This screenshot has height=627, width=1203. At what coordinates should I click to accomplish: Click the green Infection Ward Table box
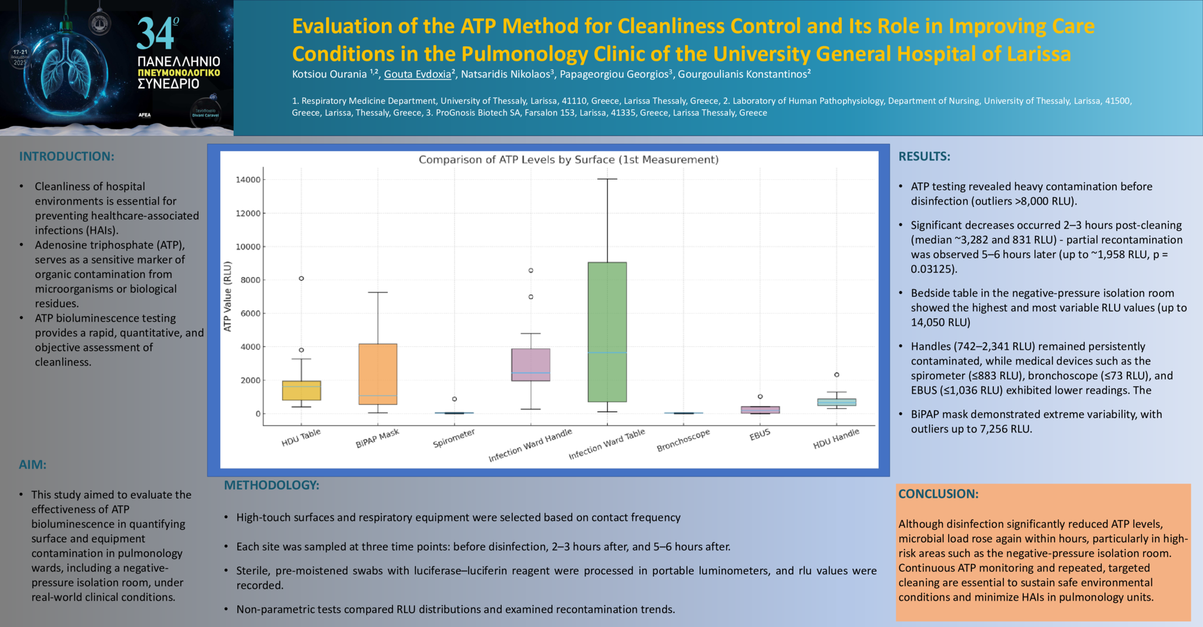pos(607,332)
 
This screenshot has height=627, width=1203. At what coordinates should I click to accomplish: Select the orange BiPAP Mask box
pos(378,374)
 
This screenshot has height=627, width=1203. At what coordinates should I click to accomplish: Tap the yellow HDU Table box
pos(301,391)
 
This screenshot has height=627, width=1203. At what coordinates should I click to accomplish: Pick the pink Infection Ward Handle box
pos(530,365)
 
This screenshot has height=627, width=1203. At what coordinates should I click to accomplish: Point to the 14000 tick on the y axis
pos(248,180)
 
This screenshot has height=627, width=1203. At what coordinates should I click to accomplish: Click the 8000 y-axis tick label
pos(248,280)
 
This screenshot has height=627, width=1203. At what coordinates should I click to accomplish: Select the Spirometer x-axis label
pos(453,438)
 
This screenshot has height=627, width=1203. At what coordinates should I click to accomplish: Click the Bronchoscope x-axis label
pos(683,440)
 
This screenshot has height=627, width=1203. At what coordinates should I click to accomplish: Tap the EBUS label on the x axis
pos(760,435)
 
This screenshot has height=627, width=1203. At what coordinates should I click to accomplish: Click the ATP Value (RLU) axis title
pos(227,296)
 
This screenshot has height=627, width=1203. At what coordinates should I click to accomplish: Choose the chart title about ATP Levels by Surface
pos(568,160)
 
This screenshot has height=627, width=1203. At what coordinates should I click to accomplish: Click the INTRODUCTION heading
pos(66,156)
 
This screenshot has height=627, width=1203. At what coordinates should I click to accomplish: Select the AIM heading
pos(32,465)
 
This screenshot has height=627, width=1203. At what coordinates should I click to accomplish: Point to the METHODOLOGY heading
pos(271,485)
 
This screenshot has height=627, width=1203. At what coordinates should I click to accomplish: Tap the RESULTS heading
pos(924,156)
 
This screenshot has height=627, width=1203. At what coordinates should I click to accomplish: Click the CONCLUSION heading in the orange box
pos(938,494)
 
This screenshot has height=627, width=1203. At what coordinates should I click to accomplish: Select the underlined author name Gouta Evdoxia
pos(417,74)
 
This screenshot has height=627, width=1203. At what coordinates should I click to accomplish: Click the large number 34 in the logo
pos(155,34)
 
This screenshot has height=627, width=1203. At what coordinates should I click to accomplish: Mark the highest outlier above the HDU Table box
pos(301,279)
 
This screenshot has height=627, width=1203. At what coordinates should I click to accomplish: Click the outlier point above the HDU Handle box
pos(836,375)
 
